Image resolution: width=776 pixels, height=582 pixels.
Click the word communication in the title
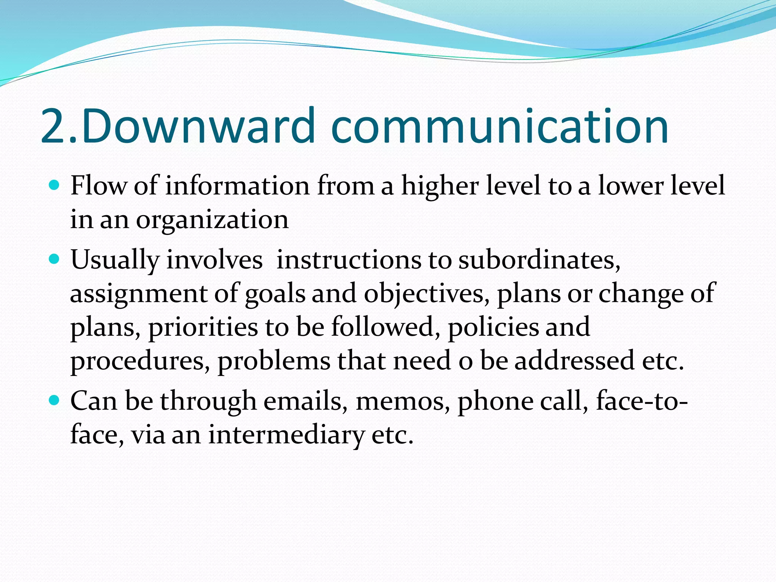499,126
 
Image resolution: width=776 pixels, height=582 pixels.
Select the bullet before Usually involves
55,260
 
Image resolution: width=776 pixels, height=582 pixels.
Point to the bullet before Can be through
55,400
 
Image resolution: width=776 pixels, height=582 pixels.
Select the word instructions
349,260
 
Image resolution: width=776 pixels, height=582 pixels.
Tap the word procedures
139,361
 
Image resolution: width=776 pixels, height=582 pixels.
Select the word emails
305,401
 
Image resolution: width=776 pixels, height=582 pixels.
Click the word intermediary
286,435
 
